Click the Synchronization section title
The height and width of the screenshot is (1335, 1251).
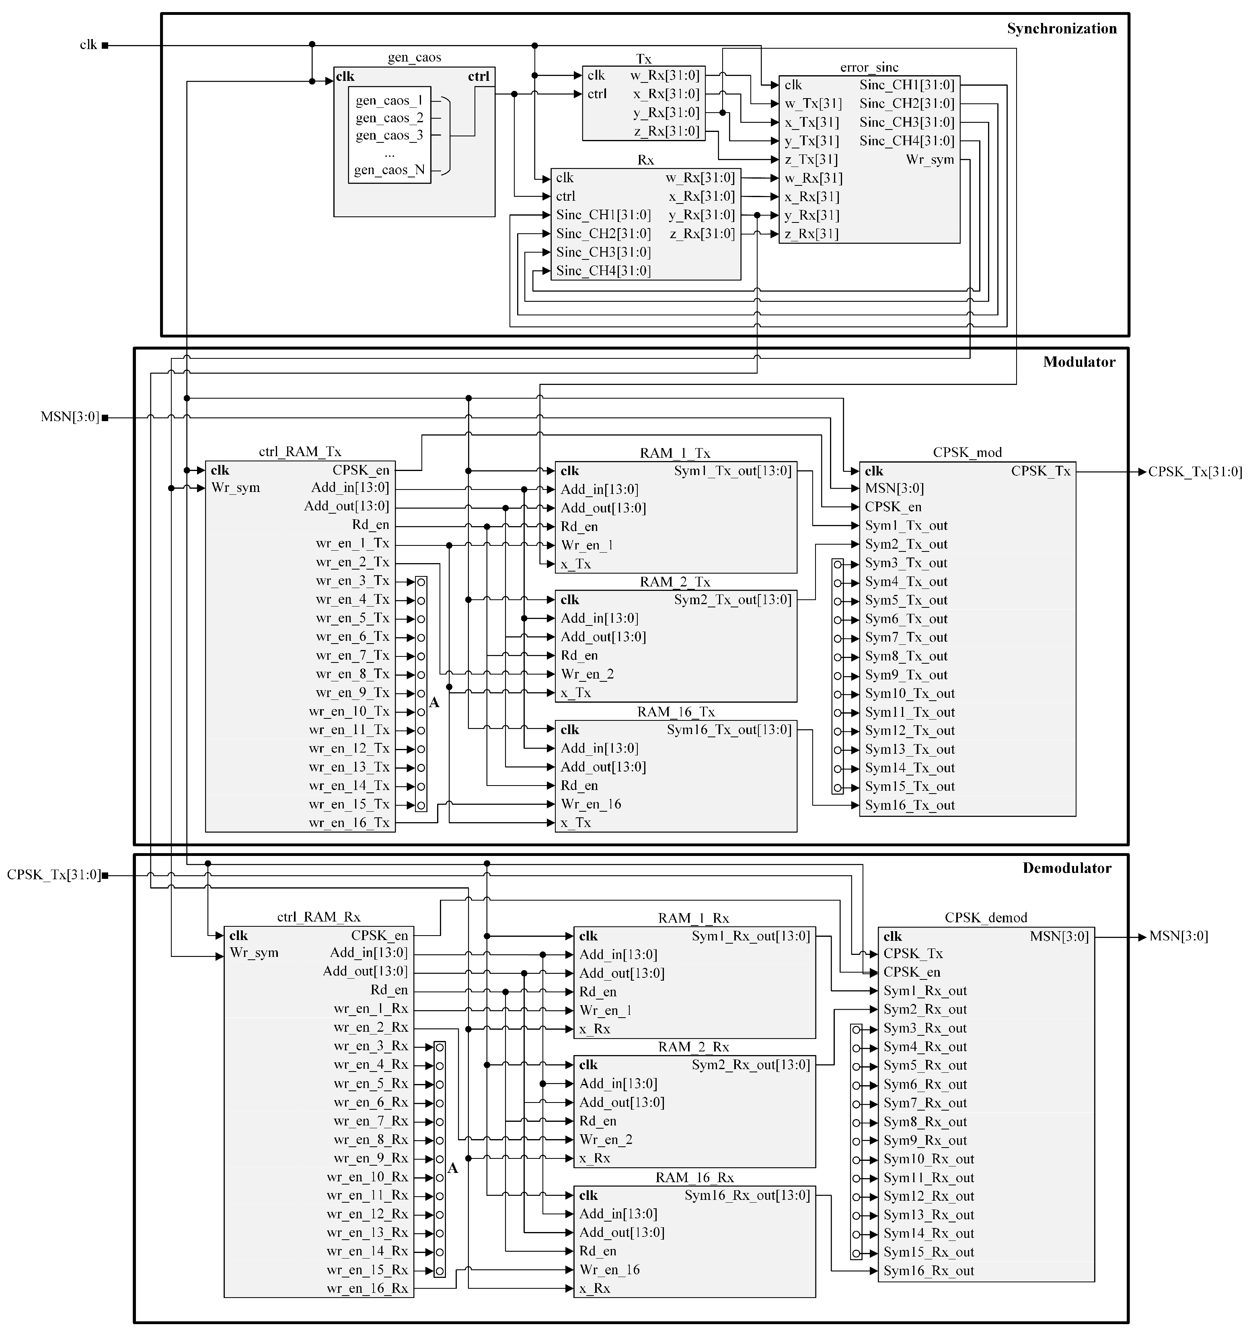point(1061,28)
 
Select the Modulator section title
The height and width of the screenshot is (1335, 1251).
point(1078,362)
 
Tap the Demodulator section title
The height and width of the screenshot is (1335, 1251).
point(1066,868)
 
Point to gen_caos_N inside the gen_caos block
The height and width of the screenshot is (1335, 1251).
point(390,170)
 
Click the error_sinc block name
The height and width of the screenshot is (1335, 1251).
point(869,67)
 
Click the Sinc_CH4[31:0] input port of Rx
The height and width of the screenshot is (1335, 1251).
point(603,271)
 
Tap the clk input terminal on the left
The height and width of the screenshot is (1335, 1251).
point(88,45)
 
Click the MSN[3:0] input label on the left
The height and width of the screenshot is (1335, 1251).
point(70,417)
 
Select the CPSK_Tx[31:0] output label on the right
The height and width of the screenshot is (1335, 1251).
point(1195,472)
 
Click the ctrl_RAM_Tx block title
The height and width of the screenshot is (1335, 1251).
point(300,451)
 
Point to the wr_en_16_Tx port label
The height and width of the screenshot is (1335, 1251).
point(349,823)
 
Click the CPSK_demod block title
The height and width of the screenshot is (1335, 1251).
point(985,917)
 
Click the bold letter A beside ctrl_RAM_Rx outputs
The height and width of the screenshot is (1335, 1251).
point(453,1168)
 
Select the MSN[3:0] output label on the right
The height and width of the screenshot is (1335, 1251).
point(1179,936)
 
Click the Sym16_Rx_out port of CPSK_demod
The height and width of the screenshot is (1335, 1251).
point(928,1271)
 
